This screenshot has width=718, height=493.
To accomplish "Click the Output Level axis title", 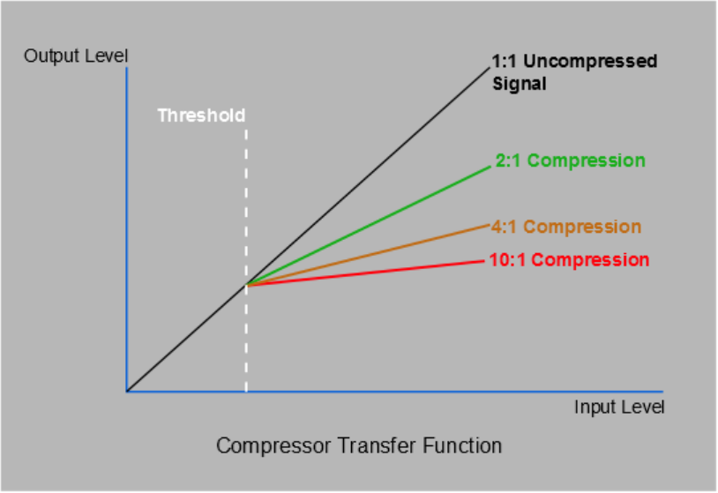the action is pos(77,56).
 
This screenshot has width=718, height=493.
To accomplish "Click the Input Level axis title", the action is pos(618,407).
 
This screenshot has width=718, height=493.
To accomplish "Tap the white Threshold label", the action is pos(201,116).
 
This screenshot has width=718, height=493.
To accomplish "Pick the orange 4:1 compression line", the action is pos(370,254).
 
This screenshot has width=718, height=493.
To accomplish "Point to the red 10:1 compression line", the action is pos(370,273).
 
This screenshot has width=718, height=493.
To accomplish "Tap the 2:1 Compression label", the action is pos(570,161).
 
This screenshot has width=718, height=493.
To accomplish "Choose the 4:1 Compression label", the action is pos(565,227).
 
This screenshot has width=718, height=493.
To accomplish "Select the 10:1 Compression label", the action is pos(569,260).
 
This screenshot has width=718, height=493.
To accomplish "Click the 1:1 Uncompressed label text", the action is pos(574,62).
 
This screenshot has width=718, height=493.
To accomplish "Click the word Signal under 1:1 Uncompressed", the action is pos(520,85).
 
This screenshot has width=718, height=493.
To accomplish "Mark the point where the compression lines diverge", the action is pos(246,285).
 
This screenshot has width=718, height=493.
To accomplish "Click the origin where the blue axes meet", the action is pos(127,391).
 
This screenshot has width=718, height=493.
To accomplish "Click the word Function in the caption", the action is pos(463,446).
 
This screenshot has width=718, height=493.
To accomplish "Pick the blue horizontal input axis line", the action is pos(397,391).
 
